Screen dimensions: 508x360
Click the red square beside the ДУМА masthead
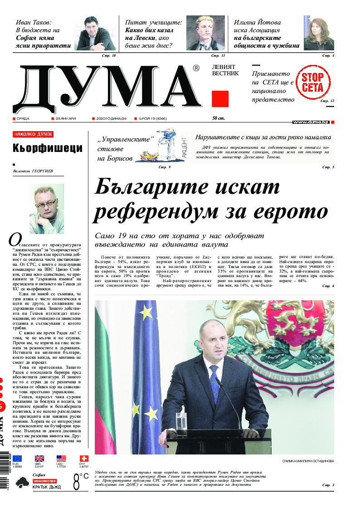pos(220,99)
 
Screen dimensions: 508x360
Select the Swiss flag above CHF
pos(83,459)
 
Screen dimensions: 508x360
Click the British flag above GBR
pos(39,459)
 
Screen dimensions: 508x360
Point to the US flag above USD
pos(61,459)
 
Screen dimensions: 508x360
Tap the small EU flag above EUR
pos(17,459)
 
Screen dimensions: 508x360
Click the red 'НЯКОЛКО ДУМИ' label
pos(33,134)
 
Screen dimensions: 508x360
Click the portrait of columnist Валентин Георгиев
pos(46,202)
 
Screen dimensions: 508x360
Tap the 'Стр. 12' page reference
pos(327,101)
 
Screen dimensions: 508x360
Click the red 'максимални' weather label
pos(44,480)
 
